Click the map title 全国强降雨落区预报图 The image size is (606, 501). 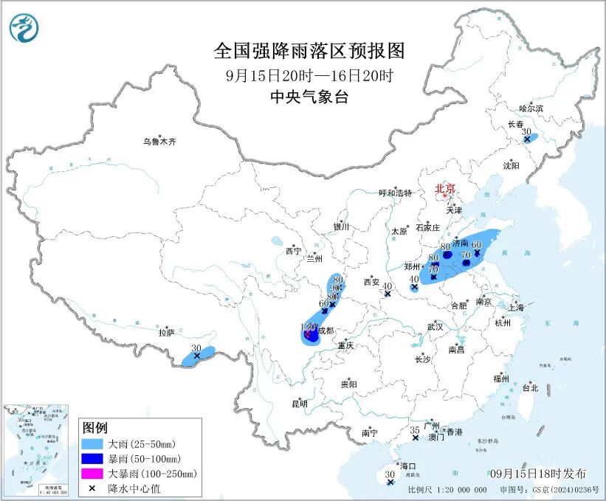309,51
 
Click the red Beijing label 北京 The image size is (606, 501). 445,188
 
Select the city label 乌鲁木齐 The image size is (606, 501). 161,141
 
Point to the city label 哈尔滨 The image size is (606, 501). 530,108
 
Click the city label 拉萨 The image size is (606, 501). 166,333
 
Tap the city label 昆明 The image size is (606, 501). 299,403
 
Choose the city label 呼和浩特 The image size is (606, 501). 398,193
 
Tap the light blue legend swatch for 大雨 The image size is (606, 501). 94,445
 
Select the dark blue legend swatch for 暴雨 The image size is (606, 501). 94,459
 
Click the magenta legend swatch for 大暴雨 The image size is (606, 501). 94,473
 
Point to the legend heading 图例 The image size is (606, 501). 95,429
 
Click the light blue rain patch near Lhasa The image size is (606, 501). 199,356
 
